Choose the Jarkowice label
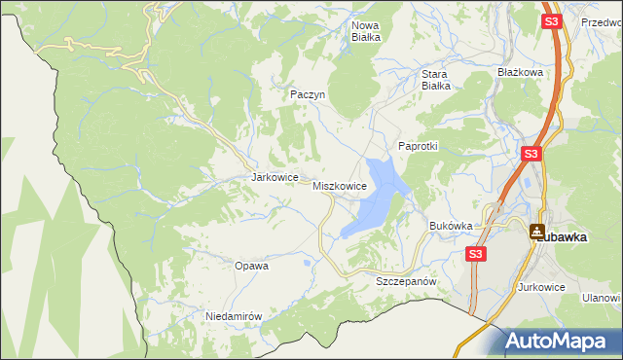pyautogui.click(x=274, y=178)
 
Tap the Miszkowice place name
pyautogui.click(x=340, y=185)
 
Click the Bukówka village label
pyautogui.click(x=451, y=226)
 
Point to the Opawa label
pyautogui.click(x=251, y=265)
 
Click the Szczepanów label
pyautogui.click(x=403, y=280)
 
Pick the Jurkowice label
pyautogui.click(x=542, y=287)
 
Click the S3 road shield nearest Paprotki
pyautogui.click(x=531, y=154)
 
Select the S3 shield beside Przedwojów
pyautogui.click(x=552, y=20)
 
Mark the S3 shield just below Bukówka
pyautogui.click(x=474, y=254)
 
